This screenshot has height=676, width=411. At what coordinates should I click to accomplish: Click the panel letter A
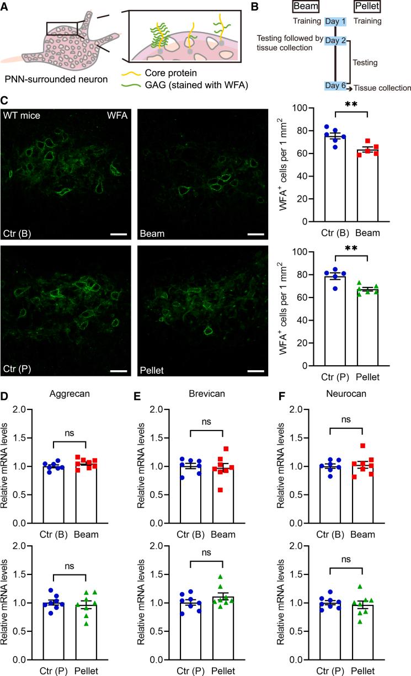tap(6, 7)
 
